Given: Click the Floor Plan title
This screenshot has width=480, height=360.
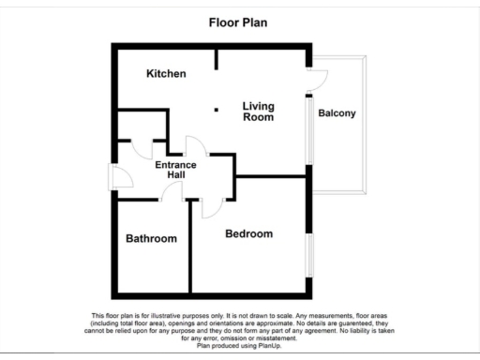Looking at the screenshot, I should coord(238,22).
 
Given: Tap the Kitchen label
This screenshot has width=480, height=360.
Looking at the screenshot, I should coord(166,73).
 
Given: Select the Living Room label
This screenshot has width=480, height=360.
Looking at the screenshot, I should coord(258,112).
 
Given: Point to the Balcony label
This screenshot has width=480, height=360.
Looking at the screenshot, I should coord(337,113).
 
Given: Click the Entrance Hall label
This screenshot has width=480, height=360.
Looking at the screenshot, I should coord(175,170).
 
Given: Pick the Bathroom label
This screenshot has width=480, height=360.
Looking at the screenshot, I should coord(151,238).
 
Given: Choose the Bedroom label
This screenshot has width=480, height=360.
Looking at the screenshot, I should coord(248,233).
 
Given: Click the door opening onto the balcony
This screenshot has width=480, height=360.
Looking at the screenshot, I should coord(317,81).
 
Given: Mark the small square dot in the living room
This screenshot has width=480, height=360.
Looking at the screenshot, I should coord(217,110).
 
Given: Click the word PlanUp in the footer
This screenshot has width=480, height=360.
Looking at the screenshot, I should coord(265,345).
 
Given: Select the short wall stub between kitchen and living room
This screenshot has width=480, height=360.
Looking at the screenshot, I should coord(217,58).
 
